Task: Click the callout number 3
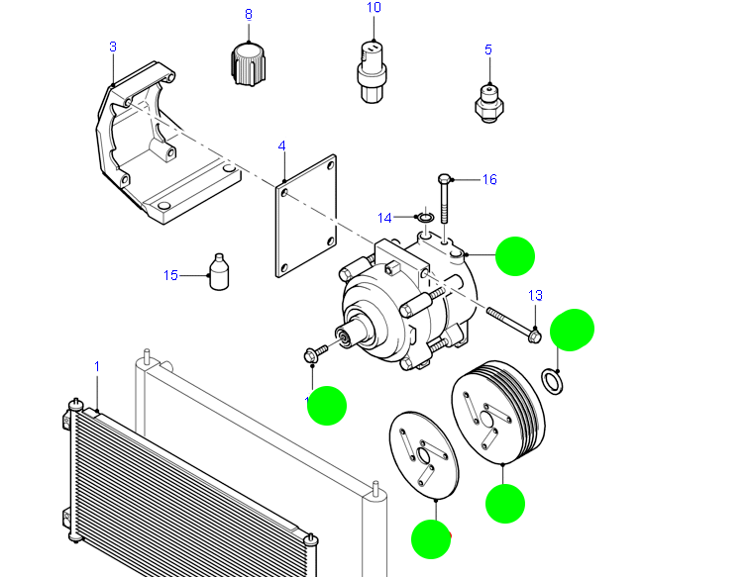113,47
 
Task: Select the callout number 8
248,14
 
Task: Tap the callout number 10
374,8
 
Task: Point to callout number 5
487,49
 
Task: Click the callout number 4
281,146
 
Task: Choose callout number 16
489,179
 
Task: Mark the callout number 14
385,217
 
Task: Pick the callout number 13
536,295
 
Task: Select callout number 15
170,275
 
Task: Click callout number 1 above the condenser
97,367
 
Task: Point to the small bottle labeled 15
221,273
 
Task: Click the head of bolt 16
446,179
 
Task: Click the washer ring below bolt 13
554,379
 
